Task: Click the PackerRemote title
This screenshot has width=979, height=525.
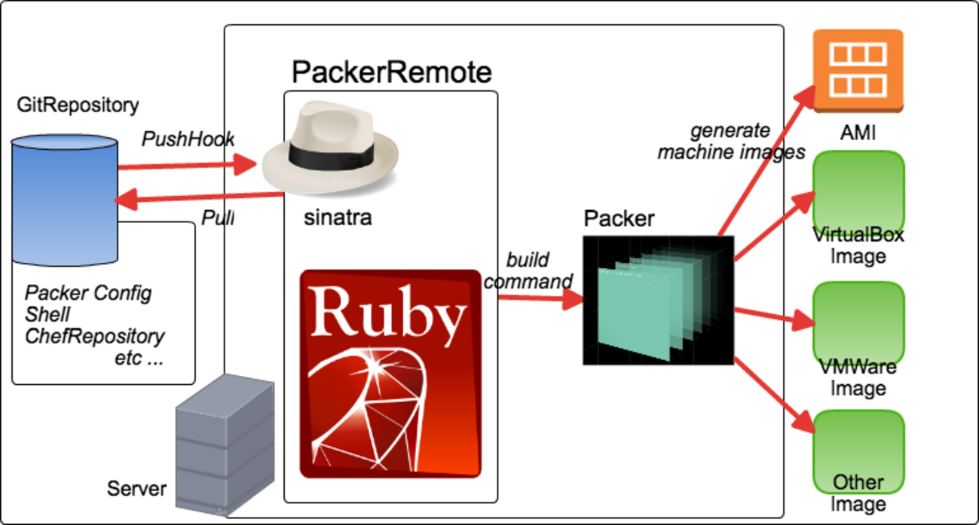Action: click(391, 72)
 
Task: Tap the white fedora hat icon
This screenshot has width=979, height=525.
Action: click(329, 148)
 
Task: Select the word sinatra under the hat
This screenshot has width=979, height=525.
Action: click(338, 218)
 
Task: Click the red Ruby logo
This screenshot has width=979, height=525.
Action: click(390, 374)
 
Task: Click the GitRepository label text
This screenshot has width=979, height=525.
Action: click(78, 105)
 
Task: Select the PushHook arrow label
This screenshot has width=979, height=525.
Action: click(188, 139)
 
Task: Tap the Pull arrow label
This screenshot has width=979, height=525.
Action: click(218, 218)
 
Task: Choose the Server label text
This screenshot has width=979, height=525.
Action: click(136, 488)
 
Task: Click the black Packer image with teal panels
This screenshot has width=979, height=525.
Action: click(658, 301)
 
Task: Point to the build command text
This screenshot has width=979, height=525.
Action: click(528, 271)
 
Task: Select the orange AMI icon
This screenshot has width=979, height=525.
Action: click(858, 71)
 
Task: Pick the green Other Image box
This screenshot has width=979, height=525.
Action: click(858, 452)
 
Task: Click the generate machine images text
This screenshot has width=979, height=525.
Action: click(731, 142)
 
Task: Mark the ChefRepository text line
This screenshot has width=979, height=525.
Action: click(94, 336)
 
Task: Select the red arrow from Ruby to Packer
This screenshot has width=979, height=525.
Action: click(540, 299)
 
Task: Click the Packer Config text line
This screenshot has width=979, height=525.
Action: click(88, 292)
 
